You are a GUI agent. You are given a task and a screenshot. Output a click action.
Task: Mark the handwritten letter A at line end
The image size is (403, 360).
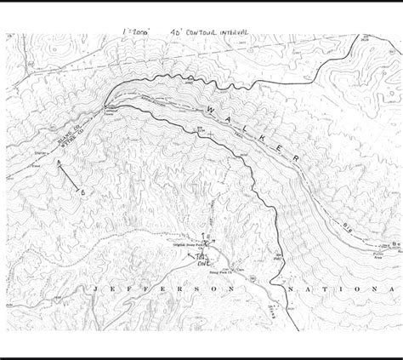(59, 161)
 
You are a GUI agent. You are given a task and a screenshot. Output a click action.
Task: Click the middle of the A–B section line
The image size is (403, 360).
(71, 177)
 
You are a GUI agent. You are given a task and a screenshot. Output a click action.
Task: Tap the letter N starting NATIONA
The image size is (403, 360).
(292, 290)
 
